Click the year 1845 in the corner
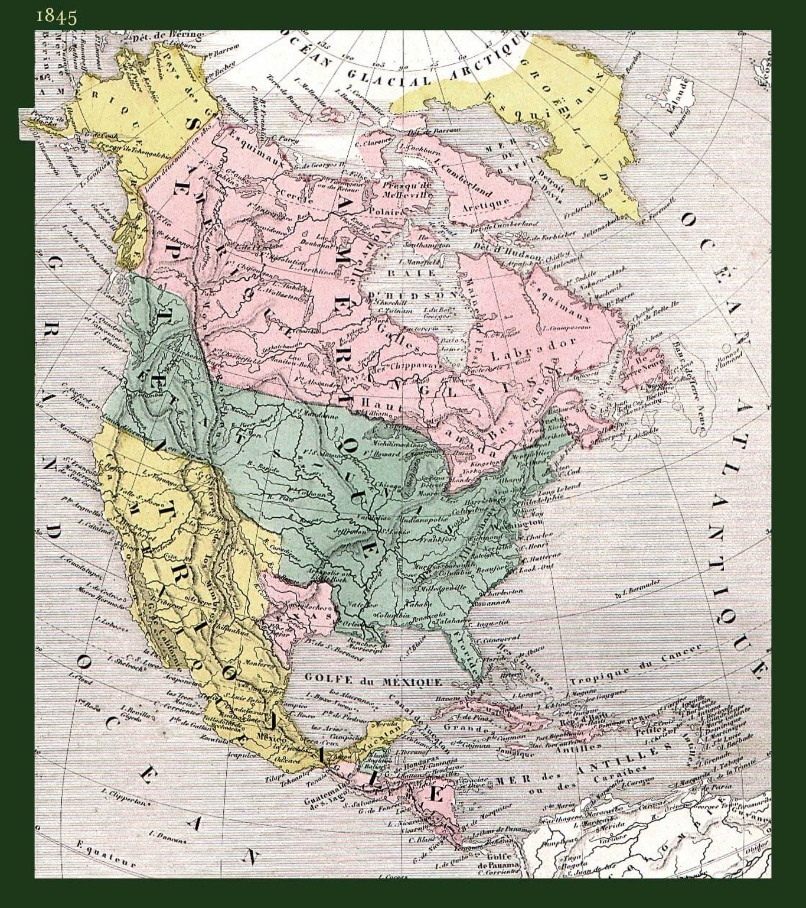click(56, 16)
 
